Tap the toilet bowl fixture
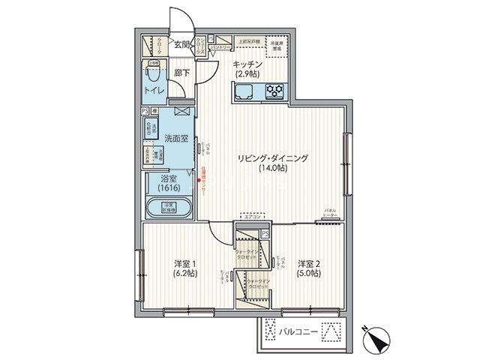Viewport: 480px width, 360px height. pyautogui.click(x=154, y=76)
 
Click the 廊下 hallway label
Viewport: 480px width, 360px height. pyautogui.click(x=181, y=73)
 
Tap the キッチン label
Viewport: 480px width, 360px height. pyautogui.click(x=247, y=64)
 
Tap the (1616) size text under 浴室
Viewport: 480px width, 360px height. pyautogui.click(x=169, y=189)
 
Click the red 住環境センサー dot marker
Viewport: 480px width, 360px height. pyautogui.click(x=198, y=179)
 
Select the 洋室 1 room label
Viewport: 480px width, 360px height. pyautogui.click(x=184, y=263)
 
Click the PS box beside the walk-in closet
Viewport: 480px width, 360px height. pyautogui.click(x=265, y=234)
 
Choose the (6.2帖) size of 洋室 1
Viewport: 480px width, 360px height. pyautogui.click(x=184, y=274)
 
